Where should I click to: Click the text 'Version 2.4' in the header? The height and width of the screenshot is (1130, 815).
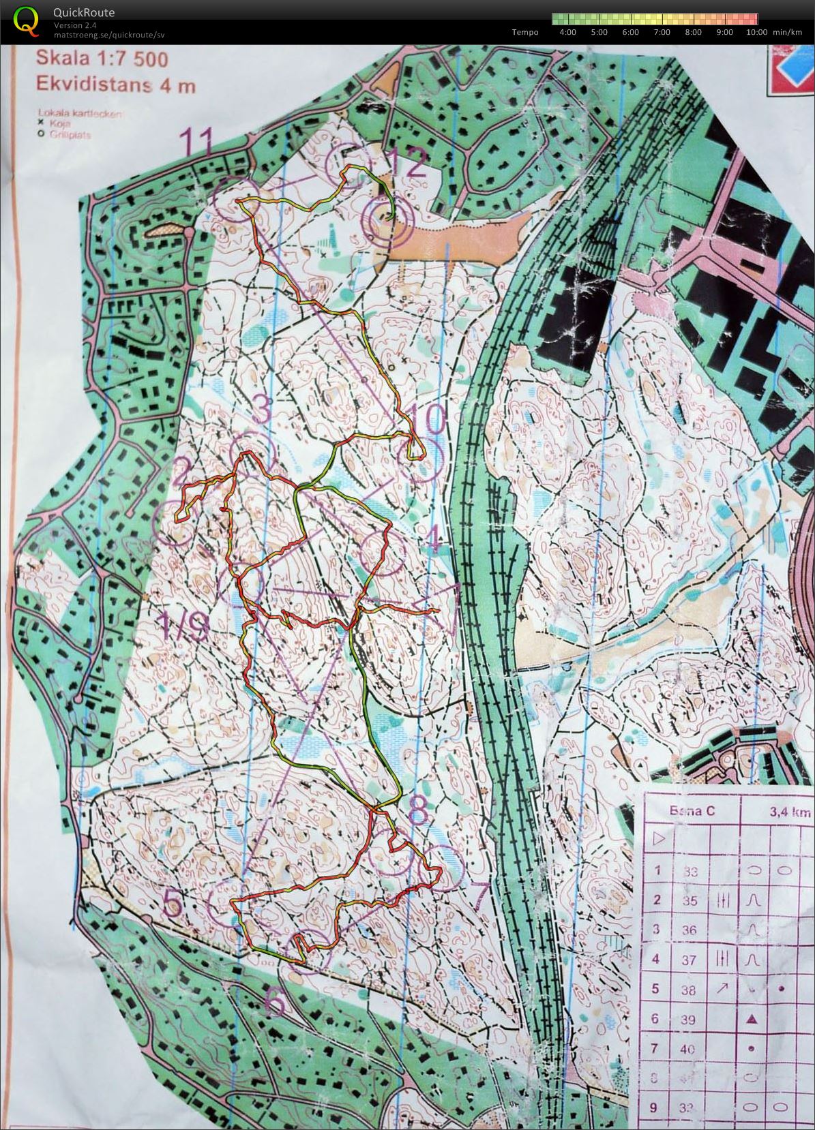[75, 25]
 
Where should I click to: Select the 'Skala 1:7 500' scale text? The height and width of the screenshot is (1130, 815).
[102, 59]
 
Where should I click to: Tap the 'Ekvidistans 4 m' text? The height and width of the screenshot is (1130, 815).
[116, 86]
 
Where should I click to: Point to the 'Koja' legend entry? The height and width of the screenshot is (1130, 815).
[61, 124]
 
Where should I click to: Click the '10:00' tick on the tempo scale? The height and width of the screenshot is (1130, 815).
[756, 32]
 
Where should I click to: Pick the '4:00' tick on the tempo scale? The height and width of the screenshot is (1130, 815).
[567, 32]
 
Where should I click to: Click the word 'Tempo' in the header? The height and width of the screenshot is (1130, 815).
[525, 32]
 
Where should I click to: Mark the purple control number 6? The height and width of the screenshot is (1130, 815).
[274, 1002]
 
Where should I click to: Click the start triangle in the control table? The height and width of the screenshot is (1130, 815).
[658, 839]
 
